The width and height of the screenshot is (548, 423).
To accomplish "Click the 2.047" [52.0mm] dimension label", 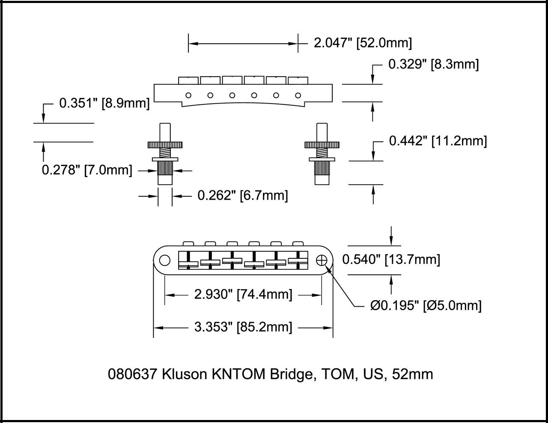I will pos(363,43).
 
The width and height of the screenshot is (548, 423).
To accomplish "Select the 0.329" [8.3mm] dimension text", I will pos(433,65).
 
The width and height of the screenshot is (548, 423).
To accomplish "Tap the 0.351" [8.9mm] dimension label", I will pos(104,103).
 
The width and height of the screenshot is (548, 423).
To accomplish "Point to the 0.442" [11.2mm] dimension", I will pos(438,141).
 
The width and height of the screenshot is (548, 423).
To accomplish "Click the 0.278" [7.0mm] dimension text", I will pos(86,170).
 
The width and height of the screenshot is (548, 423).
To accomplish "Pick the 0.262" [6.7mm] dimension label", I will pos(242,195).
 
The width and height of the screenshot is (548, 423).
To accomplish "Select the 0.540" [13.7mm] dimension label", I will pos(391,259).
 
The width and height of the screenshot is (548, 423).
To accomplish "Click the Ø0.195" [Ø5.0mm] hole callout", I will pos(426,305).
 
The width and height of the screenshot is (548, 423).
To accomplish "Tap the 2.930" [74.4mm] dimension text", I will pos(243,295).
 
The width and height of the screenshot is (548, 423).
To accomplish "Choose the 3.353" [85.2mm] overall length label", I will pos(243,327).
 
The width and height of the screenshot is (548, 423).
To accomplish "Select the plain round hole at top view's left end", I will pos(164,260).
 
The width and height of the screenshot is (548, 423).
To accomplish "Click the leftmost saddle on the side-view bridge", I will pos(188,80).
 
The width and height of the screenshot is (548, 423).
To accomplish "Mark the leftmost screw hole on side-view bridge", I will pos(188,95).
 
